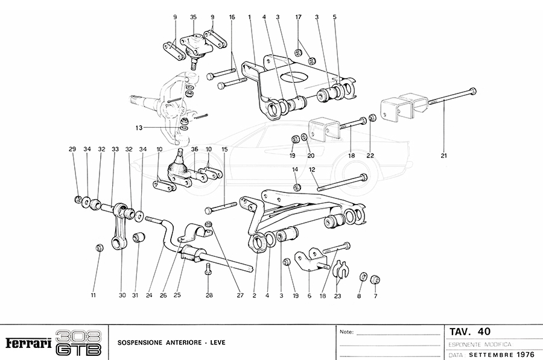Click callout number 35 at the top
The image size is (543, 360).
pyautogui.click(x=193, y=17)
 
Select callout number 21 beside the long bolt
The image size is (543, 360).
pyautogui.click(x=444, y=156)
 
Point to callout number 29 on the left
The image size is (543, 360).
pyautogui.click(x=72, y=149)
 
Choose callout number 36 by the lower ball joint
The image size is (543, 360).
pyautogui.click(x=194, y=149)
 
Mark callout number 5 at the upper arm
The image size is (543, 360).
pyautogui.click(x=334, y=17)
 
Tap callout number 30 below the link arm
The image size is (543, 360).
pyautogui.click(x=121, y=295)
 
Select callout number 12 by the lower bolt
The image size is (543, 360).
pyautogui.click(x=313, y=170)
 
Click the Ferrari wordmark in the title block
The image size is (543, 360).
pyautogui.click(x=28, y=343)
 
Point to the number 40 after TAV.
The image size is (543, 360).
pyautogui.click(x=484, y=332)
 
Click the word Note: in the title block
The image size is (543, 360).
pyautogui.click(x=347, y=332)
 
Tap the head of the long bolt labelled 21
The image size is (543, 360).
pyautogui.click(x=473, y=91)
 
